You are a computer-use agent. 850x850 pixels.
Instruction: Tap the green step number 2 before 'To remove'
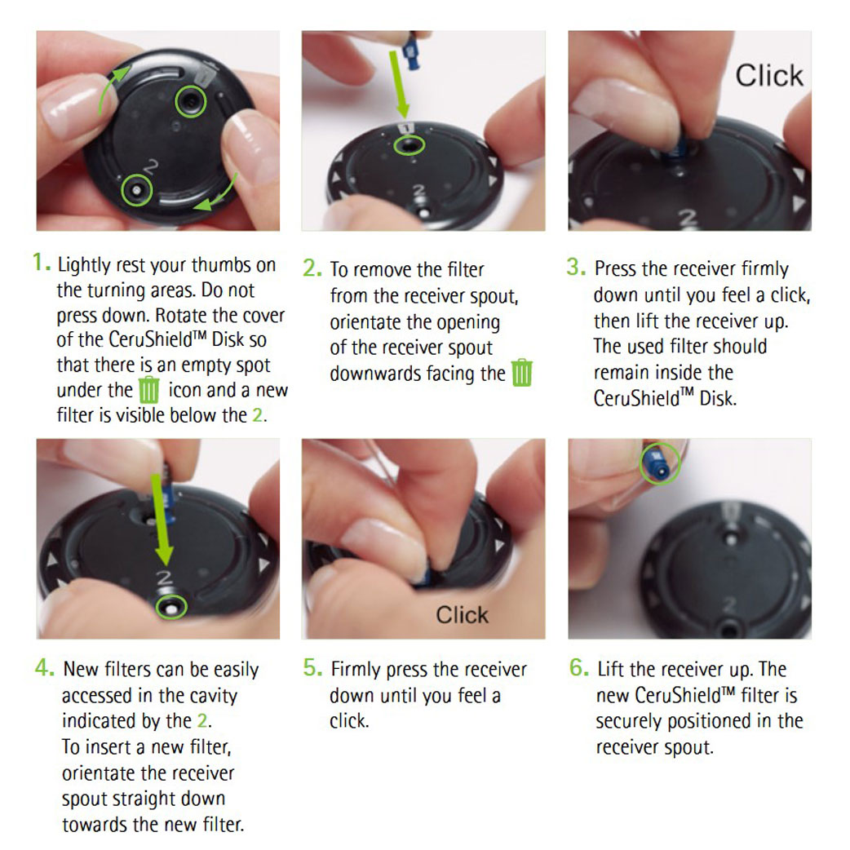(311, 268)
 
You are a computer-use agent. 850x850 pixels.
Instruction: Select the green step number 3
(575, 267)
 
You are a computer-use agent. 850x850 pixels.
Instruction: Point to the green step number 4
(43, 668)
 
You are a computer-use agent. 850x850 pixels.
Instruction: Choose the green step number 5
(312, 668)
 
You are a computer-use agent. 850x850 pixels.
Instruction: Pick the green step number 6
(578, 668)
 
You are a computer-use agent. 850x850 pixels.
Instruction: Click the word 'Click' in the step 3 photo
(768, 75)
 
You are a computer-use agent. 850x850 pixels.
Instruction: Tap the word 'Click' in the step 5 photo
(462, 615)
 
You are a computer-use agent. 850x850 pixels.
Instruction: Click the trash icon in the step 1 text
(149, 390)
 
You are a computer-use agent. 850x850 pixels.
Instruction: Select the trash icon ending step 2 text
(522, 373)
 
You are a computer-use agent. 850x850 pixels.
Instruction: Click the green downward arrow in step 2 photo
(400, 84)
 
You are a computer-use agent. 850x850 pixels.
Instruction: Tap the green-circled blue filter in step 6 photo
(660, 464)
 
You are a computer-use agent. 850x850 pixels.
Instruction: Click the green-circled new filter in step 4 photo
(171, 607)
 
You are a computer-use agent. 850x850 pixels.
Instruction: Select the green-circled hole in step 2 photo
(410, 145)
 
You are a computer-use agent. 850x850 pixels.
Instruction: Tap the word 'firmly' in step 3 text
(764, 268)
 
